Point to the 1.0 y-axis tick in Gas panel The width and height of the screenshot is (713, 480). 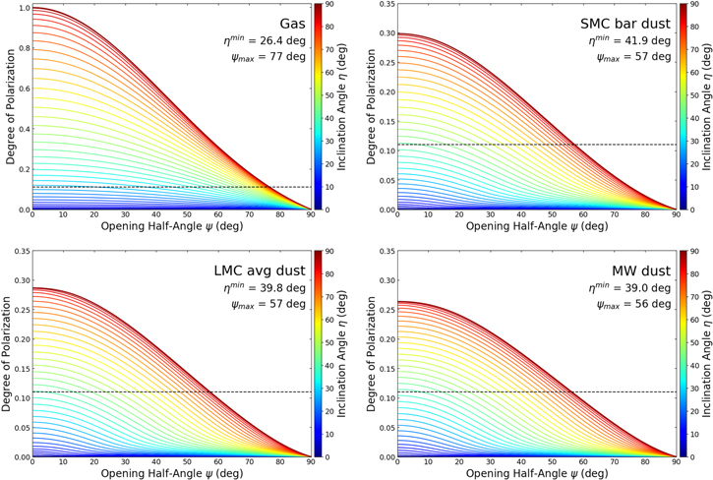(x=23, y=9)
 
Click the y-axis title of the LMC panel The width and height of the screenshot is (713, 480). (x=7, y=352)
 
